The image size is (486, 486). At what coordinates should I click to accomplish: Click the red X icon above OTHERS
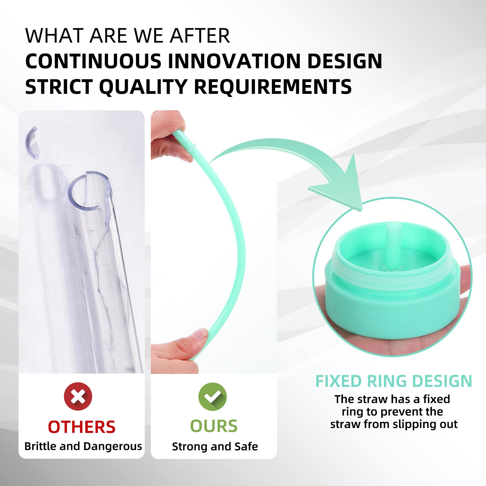(78, 396)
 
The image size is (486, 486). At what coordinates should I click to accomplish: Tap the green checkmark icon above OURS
(213, 397)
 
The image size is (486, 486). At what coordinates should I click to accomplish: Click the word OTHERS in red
(82, 427)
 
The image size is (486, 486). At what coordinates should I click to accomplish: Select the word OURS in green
(214, 426)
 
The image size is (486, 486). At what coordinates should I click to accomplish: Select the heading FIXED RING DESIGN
(394, 381)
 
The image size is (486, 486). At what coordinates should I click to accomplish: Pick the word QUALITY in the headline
(143, 87)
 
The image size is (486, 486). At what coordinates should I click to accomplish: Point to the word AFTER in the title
(200, 36)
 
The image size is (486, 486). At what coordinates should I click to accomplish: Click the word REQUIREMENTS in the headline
(272, 87)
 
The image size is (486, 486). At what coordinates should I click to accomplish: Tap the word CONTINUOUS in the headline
(93, 61)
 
